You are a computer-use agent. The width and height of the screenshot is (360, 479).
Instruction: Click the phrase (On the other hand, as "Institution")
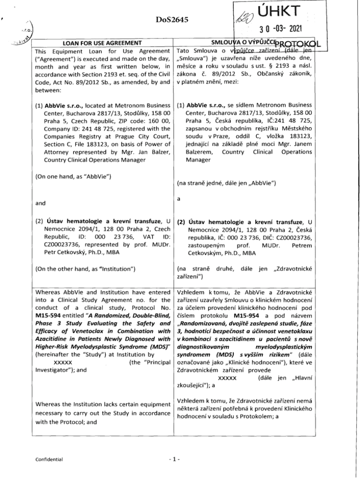(85, 269)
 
